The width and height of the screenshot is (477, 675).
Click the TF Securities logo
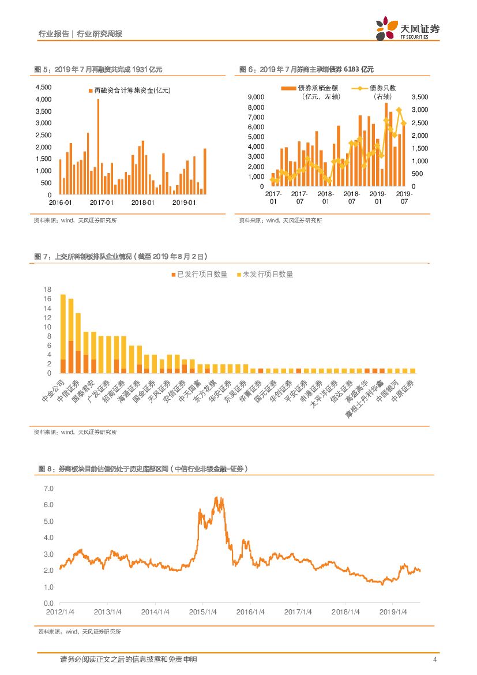pyautogui.click(x=407, y=28)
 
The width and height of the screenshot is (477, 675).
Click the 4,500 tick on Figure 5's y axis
pyautogui.click(x=44, y=87)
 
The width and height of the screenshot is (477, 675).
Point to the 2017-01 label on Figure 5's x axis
pyautogui.click(x=102, y=202)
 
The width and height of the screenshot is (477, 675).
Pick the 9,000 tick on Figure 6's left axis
pyautogui.click(x=255, y=97)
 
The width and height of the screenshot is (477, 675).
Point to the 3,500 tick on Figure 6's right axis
pyautogui.click(x=420, y=97)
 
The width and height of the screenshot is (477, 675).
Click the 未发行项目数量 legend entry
pyautogui.click(x=265, y=274)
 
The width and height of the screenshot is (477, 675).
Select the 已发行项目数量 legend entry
pyautogui.click(x=199, y=274)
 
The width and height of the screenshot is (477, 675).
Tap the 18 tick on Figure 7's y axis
pyautogui.click(x=48, y=289)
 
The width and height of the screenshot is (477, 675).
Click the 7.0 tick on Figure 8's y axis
pyautogui.click(x=48, y=489)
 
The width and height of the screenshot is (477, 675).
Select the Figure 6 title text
pyautogui.click(x=306, y=70)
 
